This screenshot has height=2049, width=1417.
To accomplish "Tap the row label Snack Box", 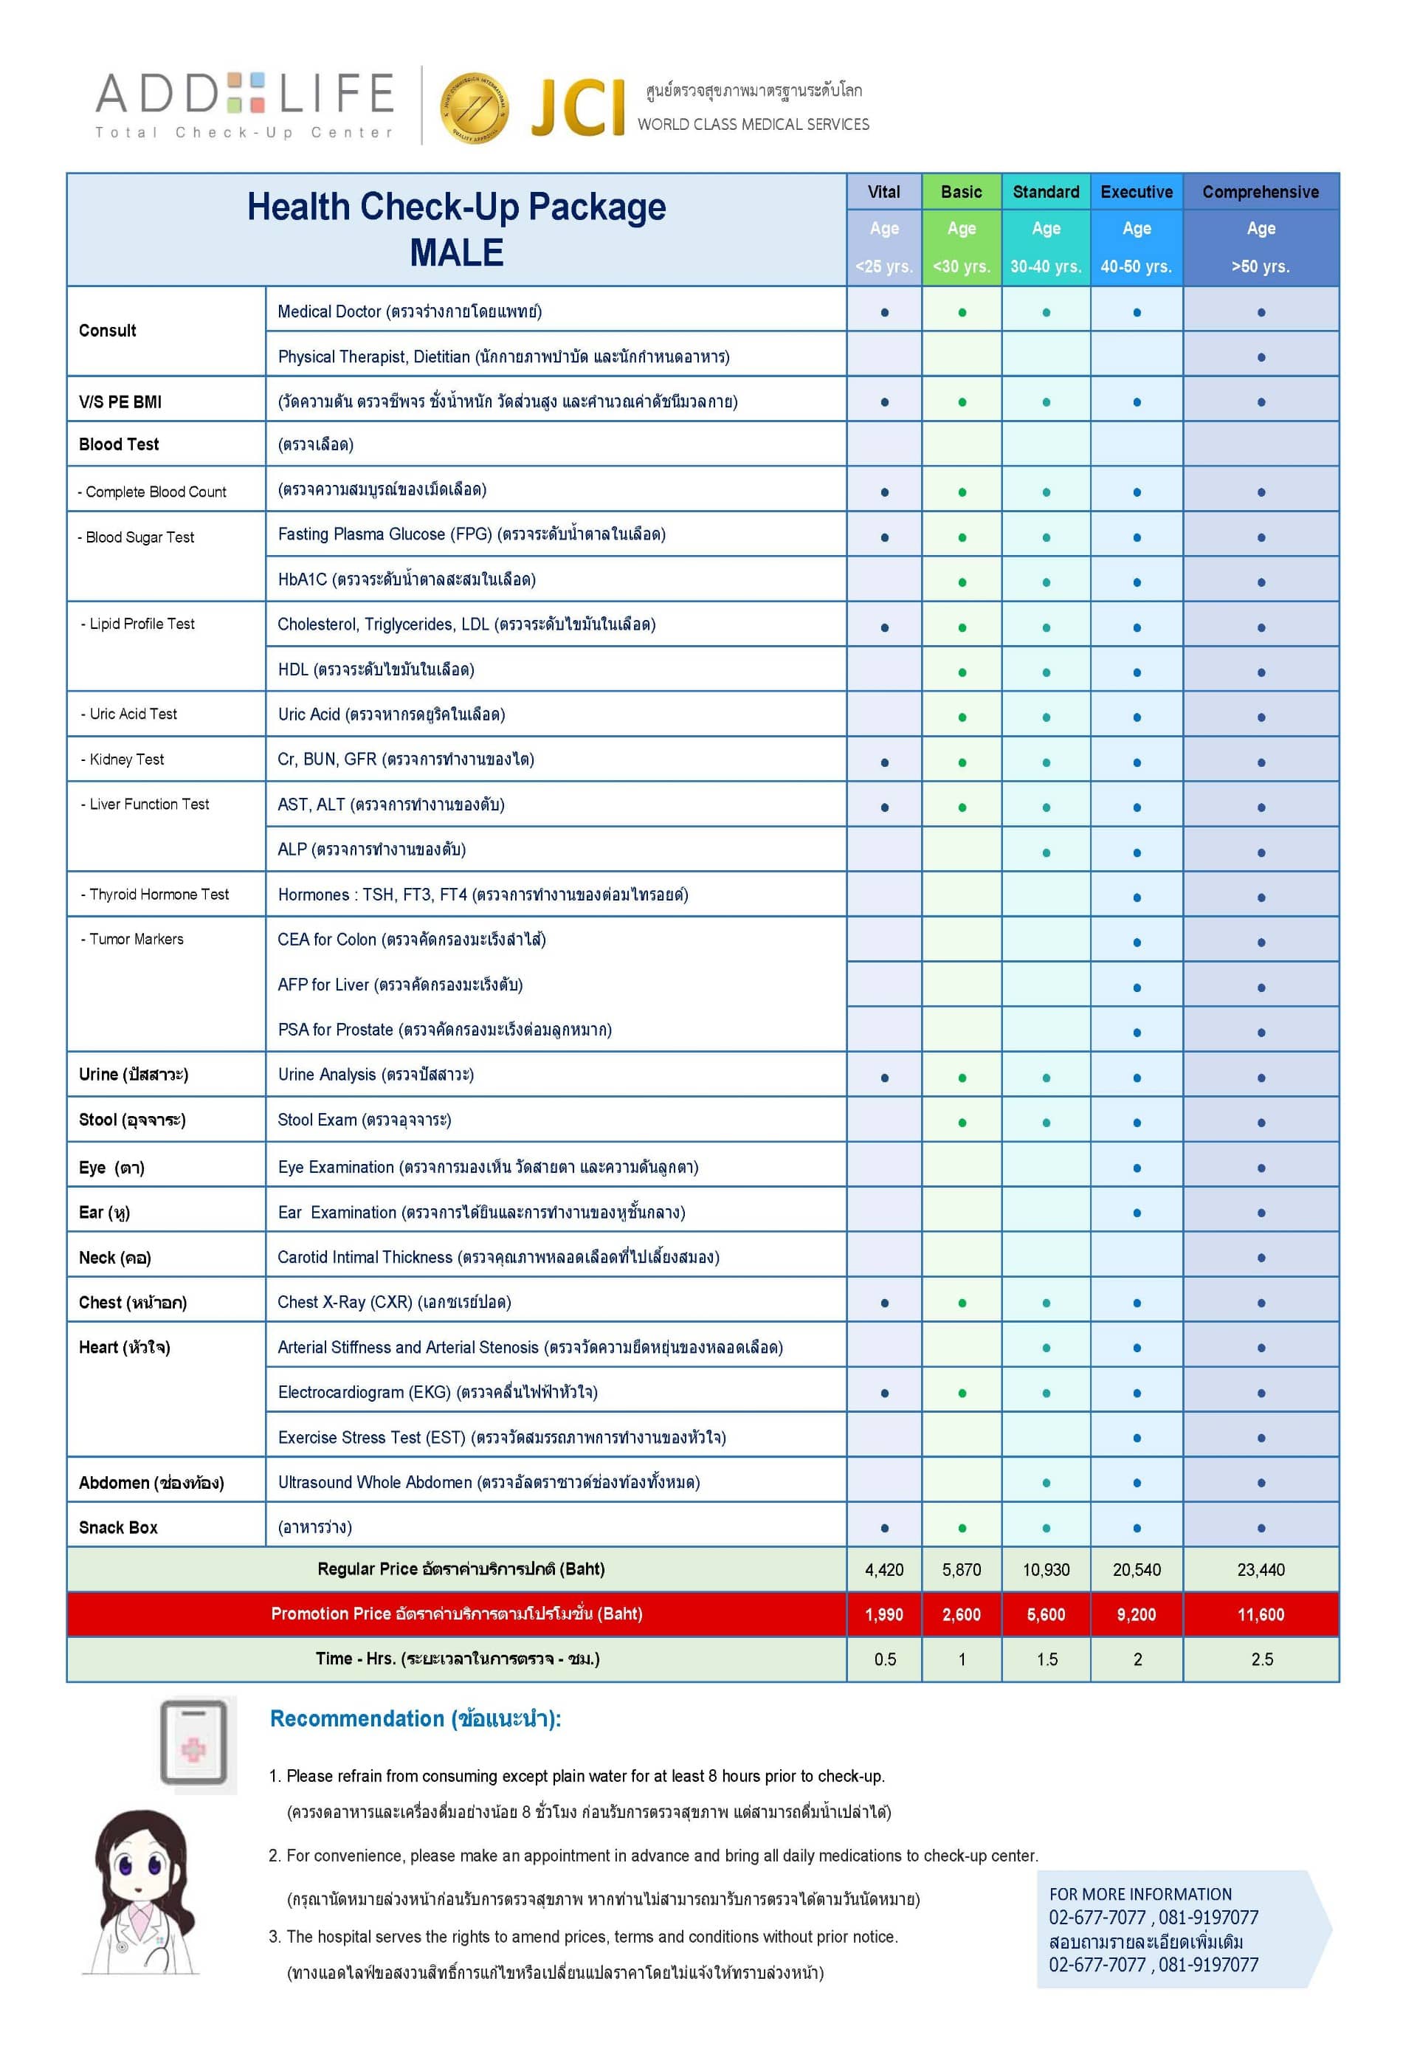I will tap(118, 1527).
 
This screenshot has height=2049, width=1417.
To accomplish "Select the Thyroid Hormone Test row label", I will tap(158, 894).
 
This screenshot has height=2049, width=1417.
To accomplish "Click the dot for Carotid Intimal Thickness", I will tap(1261, 1258).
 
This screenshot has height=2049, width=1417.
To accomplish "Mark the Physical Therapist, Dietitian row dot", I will tap(1261, 358).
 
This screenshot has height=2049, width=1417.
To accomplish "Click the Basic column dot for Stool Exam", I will tap(962, 1123).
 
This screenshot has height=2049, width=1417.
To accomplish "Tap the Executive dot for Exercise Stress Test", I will tap(1137, 1438).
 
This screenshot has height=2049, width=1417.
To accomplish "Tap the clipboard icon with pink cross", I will tap(193, 1743).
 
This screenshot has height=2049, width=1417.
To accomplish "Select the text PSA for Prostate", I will tap(335, 1030).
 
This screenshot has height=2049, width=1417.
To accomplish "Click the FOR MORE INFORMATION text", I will tap(1140, 1895).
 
